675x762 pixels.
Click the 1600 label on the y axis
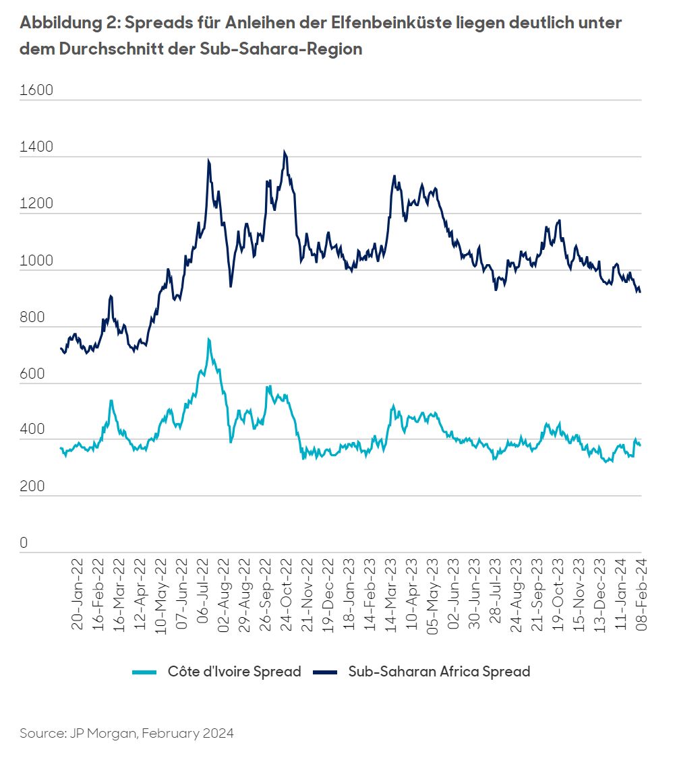(36, 91)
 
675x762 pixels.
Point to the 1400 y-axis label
(36, 148)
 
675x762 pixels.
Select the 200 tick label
(32, 486)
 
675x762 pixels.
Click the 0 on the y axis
(24, 543)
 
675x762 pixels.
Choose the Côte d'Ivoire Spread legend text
(234, 672)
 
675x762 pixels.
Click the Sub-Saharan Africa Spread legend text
(439, 672)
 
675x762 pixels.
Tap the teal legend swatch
(144, 672)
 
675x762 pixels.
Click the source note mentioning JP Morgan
(127, 733)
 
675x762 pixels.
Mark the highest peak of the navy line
(285, 152)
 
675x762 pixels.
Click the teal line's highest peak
(208, 339)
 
